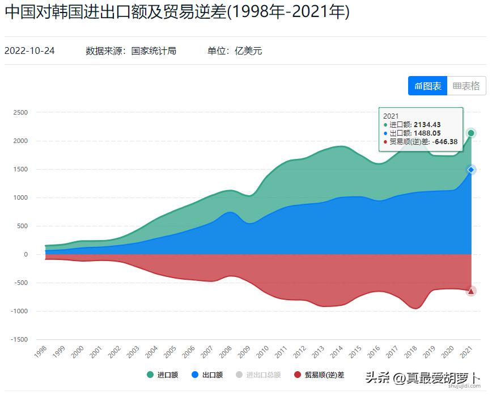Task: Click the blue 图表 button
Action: tap(427, 86)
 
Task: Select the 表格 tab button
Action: tap(466, 86)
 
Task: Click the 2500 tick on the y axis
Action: tap(20, 112)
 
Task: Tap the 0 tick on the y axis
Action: tap(26, 254)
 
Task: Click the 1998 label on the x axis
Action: tap(41, 352)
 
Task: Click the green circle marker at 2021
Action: tap(471, 133)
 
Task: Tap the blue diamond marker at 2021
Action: tap(471, 170)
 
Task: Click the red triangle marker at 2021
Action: tap(471, 291)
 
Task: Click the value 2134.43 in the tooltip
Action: tap(427, 125)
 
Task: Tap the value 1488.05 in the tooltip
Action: tap(427, 133)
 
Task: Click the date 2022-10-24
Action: tap(29, 51)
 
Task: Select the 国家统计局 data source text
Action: tap(154, 51)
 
